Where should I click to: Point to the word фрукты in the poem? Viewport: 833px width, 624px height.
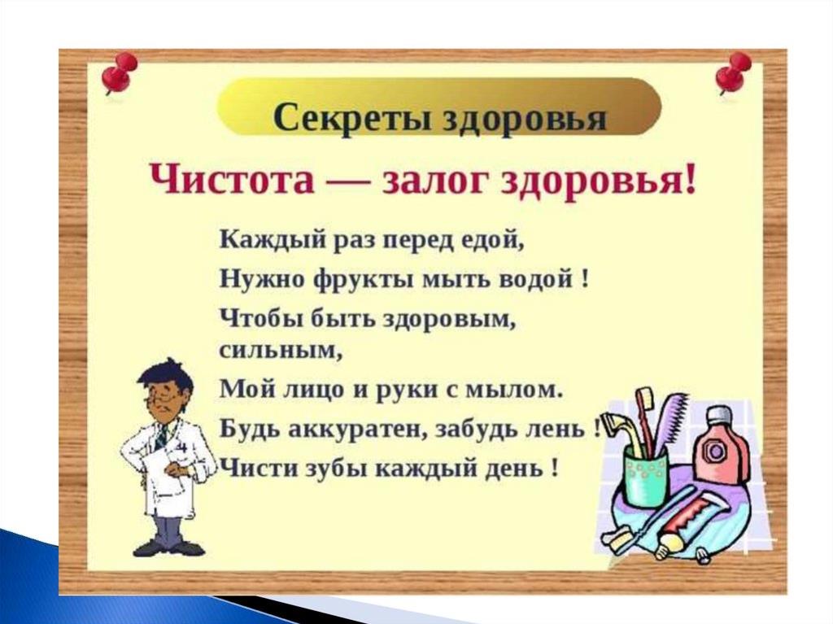click(x=362, y=278)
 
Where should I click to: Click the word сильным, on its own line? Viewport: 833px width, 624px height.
click(x=281, y=352)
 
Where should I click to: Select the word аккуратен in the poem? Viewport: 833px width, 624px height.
click(x=355, y=429)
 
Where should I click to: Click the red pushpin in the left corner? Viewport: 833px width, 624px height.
click(x=120, y=74)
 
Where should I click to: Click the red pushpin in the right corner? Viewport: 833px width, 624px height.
click(x=732, y=73)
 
